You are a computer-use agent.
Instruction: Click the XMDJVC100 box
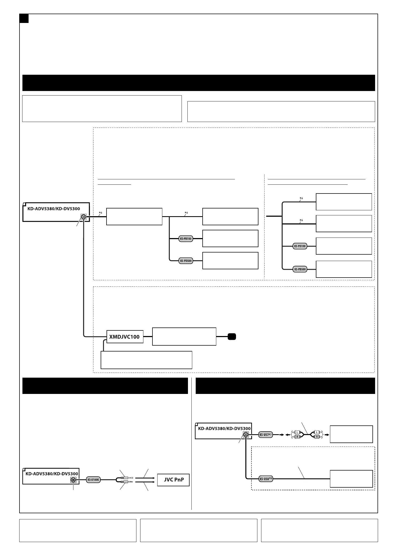[x=125, y=337]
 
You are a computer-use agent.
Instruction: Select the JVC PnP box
[x=173, y=480]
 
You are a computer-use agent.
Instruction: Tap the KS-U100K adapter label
[x=93, y=480]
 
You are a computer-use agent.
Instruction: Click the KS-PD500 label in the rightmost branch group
[x=300, y=269]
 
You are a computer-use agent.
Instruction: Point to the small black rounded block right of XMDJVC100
[x=232, y=337]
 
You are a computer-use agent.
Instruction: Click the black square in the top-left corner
[x=24, y=18]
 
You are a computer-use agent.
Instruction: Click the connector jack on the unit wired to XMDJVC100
[x=84, y=217]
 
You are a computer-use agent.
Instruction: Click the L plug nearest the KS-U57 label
[x=297, y=432]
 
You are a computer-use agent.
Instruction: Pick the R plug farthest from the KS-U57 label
[x=317, y=437]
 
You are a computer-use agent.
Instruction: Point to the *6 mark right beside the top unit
[x=100, y=213]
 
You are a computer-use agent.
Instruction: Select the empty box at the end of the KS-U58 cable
[x=351, y=479]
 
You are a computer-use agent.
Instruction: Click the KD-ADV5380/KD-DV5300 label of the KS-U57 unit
[x=224, y=428]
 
